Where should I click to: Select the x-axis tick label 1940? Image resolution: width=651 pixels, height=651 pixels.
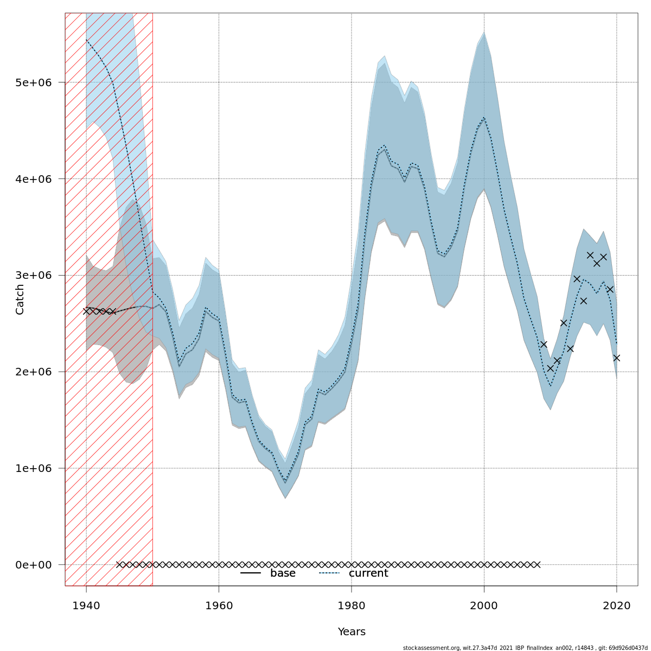[86, 605]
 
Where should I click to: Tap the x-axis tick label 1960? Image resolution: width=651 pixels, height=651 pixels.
[219, 605]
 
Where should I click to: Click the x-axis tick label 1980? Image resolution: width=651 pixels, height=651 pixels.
[352, 605]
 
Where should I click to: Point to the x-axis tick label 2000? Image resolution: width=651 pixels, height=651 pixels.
[484, 605]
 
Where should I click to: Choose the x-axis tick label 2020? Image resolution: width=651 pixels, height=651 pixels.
[617, 605]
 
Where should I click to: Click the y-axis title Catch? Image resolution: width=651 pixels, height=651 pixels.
[20, 299]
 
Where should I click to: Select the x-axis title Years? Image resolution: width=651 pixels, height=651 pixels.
[352, 632]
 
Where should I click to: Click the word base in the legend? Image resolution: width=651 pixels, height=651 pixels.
[283, 573]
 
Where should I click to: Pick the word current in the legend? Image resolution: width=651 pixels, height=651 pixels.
[368, 573]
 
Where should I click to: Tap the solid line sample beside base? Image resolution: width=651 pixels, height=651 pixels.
[251, 573]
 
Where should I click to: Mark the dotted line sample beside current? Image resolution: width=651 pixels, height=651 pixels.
[329, 573]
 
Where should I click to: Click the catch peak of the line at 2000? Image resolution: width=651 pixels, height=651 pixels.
[484, 117]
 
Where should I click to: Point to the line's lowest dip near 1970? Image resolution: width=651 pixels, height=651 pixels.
[285, 482]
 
